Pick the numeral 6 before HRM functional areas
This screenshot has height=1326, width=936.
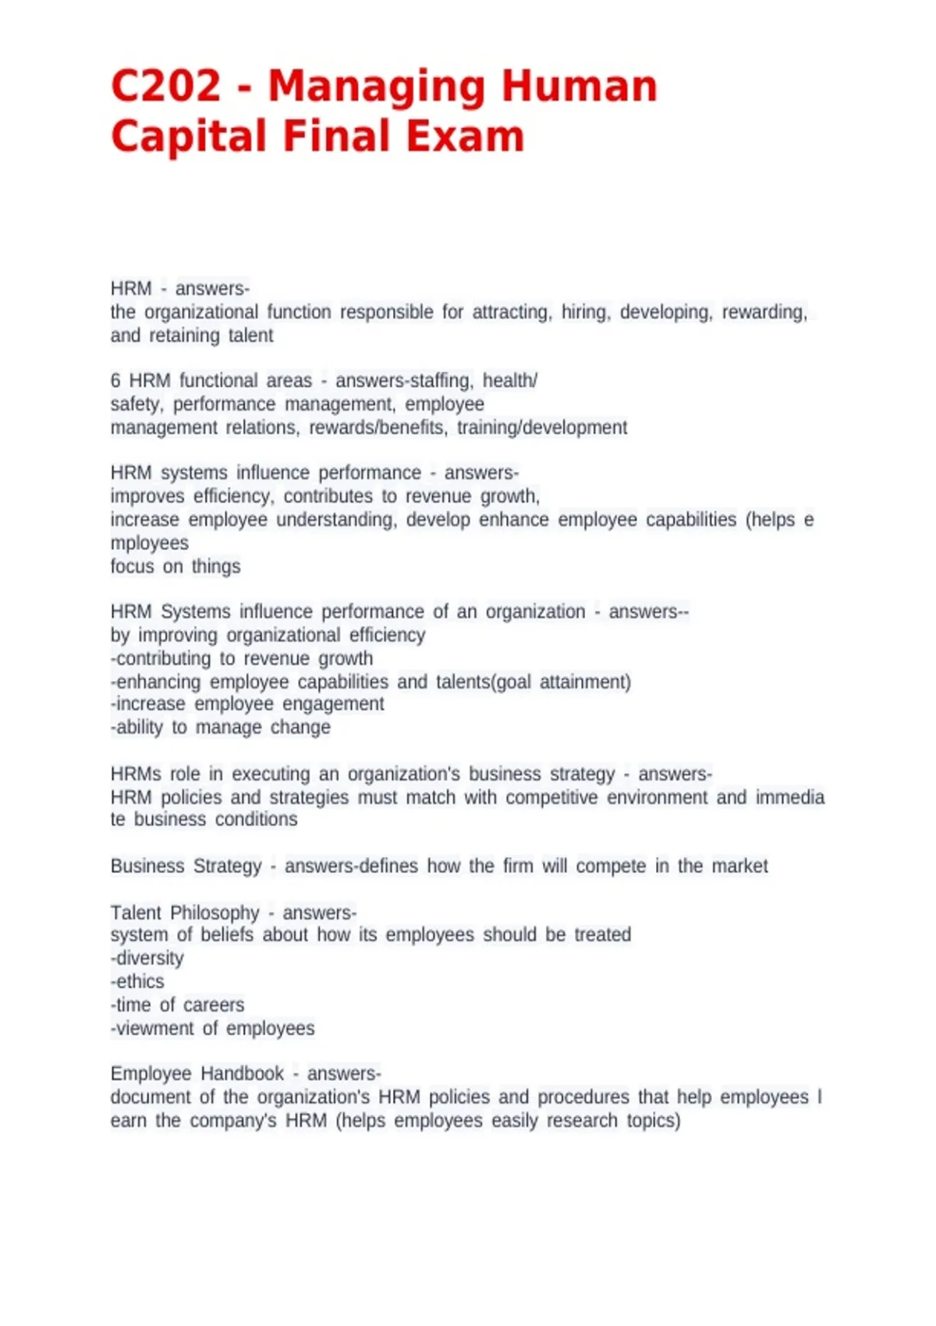115,381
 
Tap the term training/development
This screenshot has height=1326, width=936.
542,427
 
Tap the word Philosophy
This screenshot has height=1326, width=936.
214,913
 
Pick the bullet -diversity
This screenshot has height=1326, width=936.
147,958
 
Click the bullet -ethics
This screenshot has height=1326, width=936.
137,981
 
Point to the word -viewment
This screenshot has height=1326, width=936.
152,1028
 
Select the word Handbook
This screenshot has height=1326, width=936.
242,1073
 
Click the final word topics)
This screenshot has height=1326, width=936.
654,1120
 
